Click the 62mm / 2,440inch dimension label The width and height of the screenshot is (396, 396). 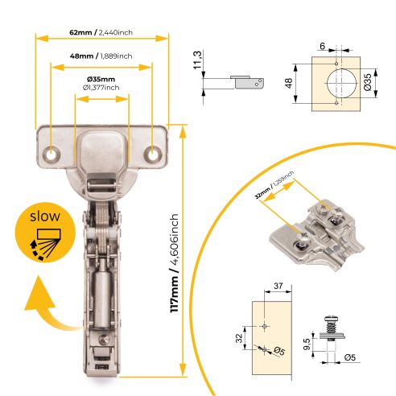click(102, 32)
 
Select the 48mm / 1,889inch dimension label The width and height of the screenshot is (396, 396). click(102, 56)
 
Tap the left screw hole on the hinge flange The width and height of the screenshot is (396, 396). click(53, 153)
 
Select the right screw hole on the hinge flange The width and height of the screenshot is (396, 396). click(151, 153)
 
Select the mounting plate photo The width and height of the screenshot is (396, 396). click(316, 233)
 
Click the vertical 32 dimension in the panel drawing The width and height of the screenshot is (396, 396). click(239, 339)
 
